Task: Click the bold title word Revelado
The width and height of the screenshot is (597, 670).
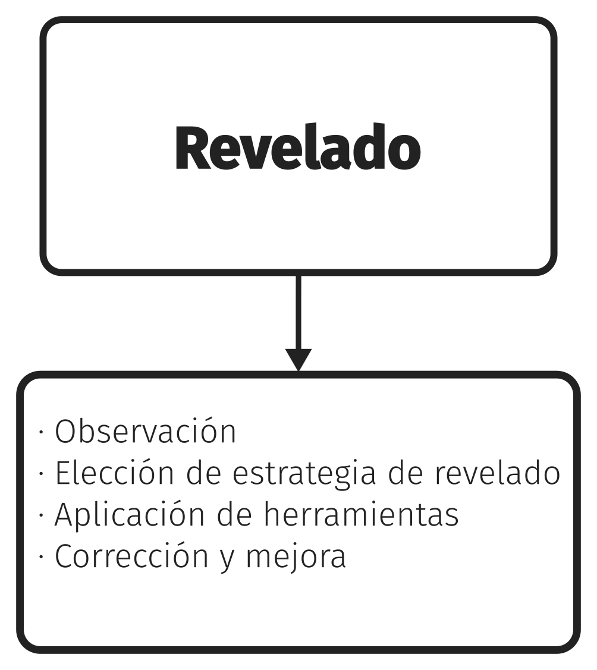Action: pos(298,147)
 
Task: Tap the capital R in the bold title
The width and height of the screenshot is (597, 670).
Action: pos(193,148)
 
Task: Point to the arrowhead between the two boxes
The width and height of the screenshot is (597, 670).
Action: pos(298,360)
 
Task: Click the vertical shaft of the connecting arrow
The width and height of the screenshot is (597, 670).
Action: pos(298,312)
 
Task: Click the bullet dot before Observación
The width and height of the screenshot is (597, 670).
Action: pos(41,432)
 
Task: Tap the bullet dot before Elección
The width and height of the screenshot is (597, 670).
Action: pos(41,473)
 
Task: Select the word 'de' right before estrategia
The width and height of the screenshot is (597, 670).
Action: pos(203,473)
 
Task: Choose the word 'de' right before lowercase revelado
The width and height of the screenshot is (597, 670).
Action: pos(406,473)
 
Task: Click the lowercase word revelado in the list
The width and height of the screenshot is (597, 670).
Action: pos(498,473)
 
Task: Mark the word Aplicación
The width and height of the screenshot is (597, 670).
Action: pos(130,514)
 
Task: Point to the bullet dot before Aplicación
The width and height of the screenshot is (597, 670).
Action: pos(41,515)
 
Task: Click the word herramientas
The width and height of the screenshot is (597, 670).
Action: pos(361,514)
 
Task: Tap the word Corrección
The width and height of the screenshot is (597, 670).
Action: pos(131,555)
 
